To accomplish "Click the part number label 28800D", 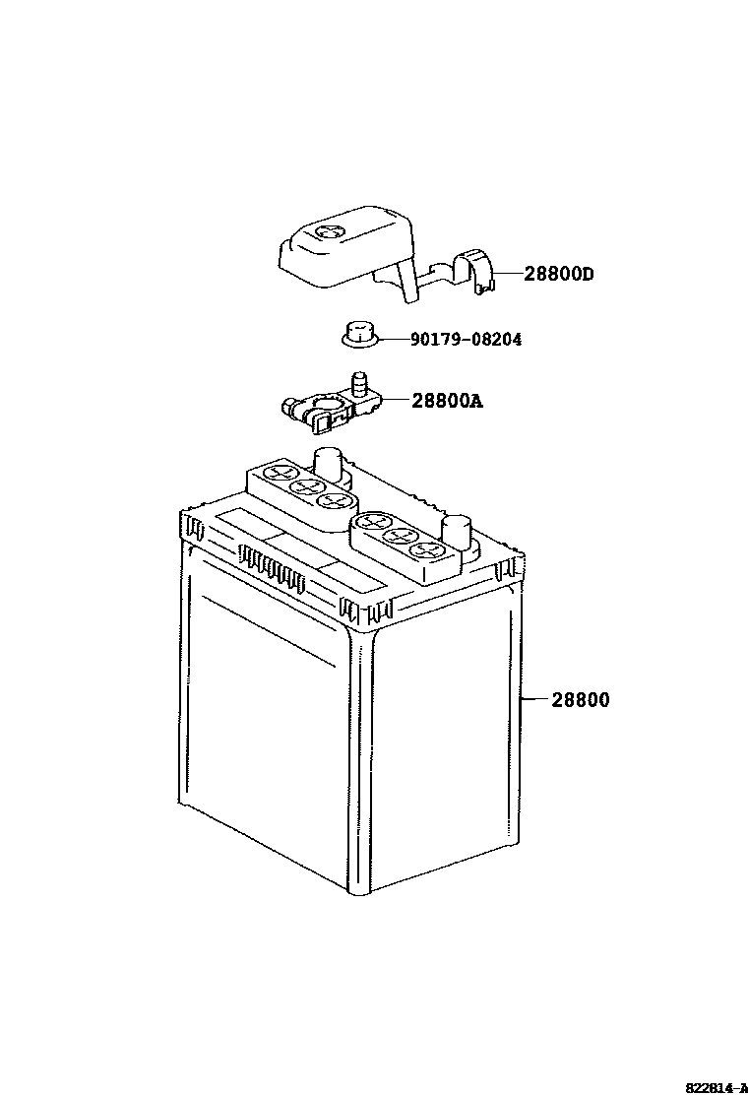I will [558, 274].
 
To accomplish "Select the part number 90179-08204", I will [466, 340].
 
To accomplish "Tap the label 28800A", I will [448, 401].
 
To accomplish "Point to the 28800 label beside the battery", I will [580, 700].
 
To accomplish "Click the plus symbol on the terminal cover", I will [331, 233].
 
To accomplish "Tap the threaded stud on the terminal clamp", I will [360, 380].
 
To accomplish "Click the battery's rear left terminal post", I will [327, 461].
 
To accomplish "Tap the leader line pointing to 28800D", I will [508, 273].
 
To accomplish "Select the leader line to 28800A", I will [394, 400].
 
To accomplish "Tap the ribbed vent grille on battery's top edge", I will [267, 567].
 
